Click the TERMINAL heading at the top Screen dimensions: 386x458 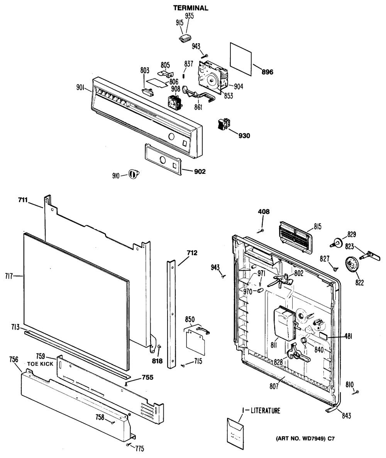coord(191,8)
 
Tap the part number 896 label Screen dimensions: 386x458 coord(267,72)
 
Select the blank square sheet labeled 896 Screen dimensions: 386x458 coord(240,59)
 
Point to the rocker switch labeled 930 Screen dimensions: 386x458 coord(223,124)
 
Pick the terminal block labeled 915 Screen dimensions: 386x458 coord(185,39)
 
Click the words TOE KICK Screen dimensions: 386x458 coord(40,364)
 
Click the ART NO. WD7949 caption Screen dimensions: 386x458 coord(305,438)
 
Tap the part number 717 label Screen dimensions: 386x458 coord(9,275)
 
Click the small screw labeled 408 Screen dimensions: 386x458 coord(261,231)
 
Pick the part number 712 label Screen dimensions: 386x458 coord(192,253)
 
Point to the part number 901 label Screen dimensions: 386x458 coord(81,87)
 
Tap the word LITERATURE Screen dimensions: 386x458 coord(266,411)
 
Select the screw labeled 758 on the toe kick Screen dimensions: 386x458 coord(112,422)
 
